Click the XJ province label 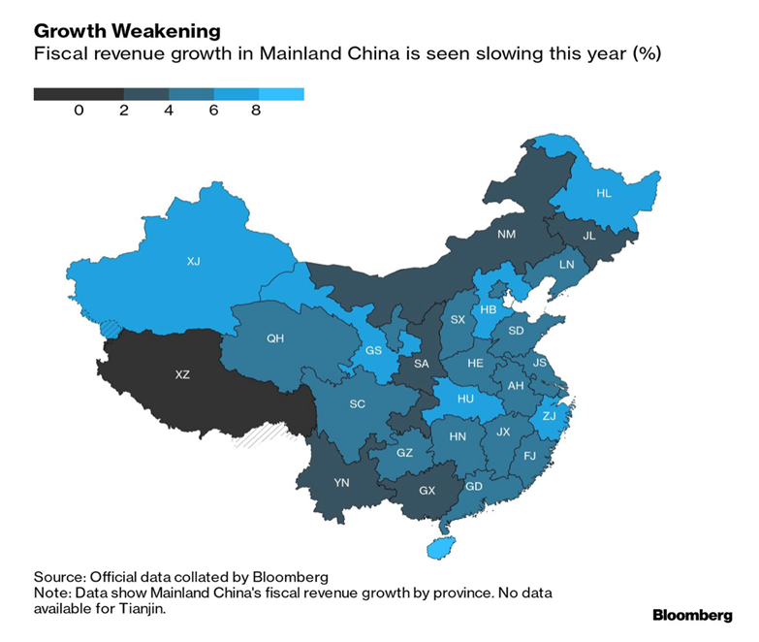pos(193,261)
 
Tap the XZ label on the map pos(182,374)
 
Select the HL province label pos(604,193)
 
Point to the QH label pos(274,338)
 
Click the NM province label pos(507,234)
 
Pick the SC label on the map pos(358,402)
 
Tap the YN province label pos(341,482)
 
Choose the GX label pos(427,490)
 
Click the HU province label pos(465,398)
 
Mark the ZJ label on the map pos(550,414)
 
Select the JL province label pos(589,235)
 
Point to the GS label pos(373,350)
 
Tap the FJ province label pos(529,455)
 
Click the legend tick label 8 pos(256,111)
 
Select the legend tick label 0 pos(79,111)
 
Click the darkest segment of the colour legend pos(78,94)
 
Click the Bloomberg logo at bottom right pos(691,615)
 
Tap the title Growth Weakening pos(127,32)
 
